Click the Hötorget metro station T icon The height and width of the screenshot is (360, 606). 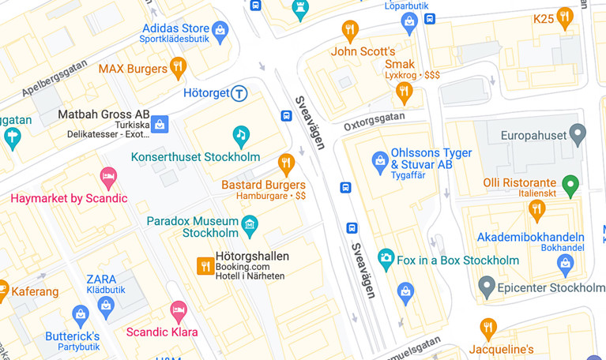point(239,93)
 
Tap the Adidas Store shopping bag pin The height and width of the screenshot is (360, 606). point(220,32)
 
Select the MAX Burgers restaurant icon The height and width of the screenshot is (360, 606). point(179,67)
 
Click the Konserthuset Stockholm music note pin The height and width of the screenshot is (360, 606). point(241,135)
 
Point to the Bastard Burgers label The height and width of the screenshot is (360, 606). point(263,185)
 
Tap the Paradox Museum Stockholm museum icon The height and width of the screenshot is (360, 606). point(250,225)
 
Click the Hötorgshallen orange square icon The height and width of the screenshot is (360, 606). point(205,267)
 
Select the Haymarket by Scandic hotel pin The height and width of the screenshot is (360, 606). point(108,177)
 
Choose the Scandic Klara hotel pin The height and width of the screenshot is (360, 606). point(179,310)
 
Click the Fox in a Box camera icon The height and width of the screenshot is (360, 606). point(386,258)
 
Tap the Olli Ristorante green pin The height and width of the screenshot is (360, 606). point(570,185)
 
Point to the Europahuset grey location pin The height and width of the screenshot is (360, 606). point(578,133)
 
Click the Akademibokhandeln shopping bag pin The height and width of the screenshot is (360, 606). point(564,263)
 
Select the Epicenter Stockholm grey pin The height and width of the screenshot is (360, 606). point(487,286)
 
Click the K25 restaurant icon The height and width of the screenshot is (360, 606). point(564,17)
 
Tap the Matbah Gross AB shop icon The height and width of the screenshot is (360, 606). point(160,123)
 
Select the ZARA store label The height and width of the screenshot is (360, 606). point(101,279)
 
